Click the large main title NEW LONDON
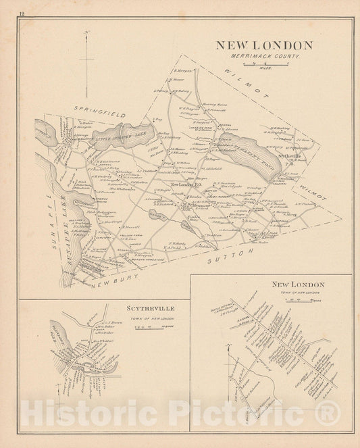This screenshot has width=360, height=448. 263,45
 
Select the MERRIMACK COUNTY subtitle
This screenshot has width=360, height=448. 263,56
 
